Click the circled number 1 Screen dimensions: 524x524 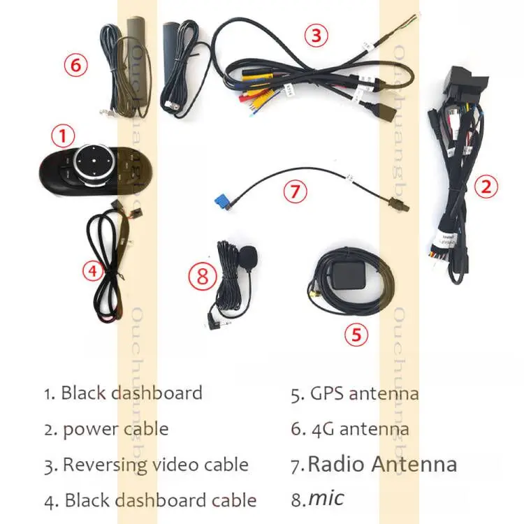64,135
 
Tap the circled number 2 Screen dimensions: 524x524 486,187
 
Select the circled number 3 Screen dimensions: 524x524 316,34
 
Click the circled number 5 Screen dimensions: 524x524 356,335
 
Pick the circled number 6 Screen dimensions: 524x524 76,66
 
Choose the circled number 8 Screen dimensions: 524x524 203,277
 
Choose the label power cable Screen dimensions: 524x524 115,428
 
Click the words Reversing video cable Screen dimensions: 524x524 155,464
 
